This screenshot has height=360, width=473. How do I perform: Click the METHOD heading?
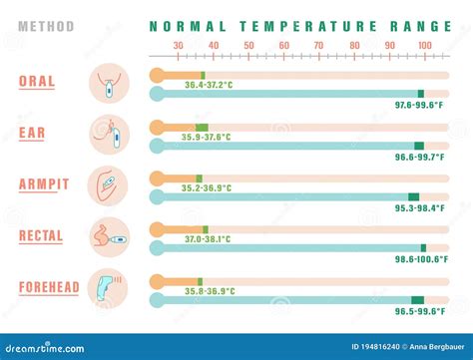coord(46,27)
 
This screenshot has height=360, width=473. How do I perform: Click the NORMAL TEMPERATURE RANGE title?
coord(290,27)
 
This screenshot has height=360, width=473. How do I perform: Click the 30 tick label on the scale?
coord(178,46)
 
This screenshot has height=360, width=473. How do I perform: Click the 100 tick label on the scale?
coord(425,46)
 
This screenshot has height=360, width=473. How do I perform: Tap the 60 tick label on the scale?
coord(284,46)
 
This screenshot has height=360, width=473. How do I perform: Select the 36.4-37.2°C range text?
coord(210,85)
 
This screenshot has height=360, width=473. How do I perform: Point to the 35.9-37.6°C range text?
coord(208,137)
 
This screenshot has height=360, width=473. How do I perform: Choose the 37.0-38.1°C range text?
coord(207,239)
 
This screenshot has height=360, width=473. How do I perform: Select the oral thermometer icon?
coord(108,83)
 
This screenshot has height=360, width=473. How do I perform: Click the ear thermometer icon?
coord(108,134)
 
